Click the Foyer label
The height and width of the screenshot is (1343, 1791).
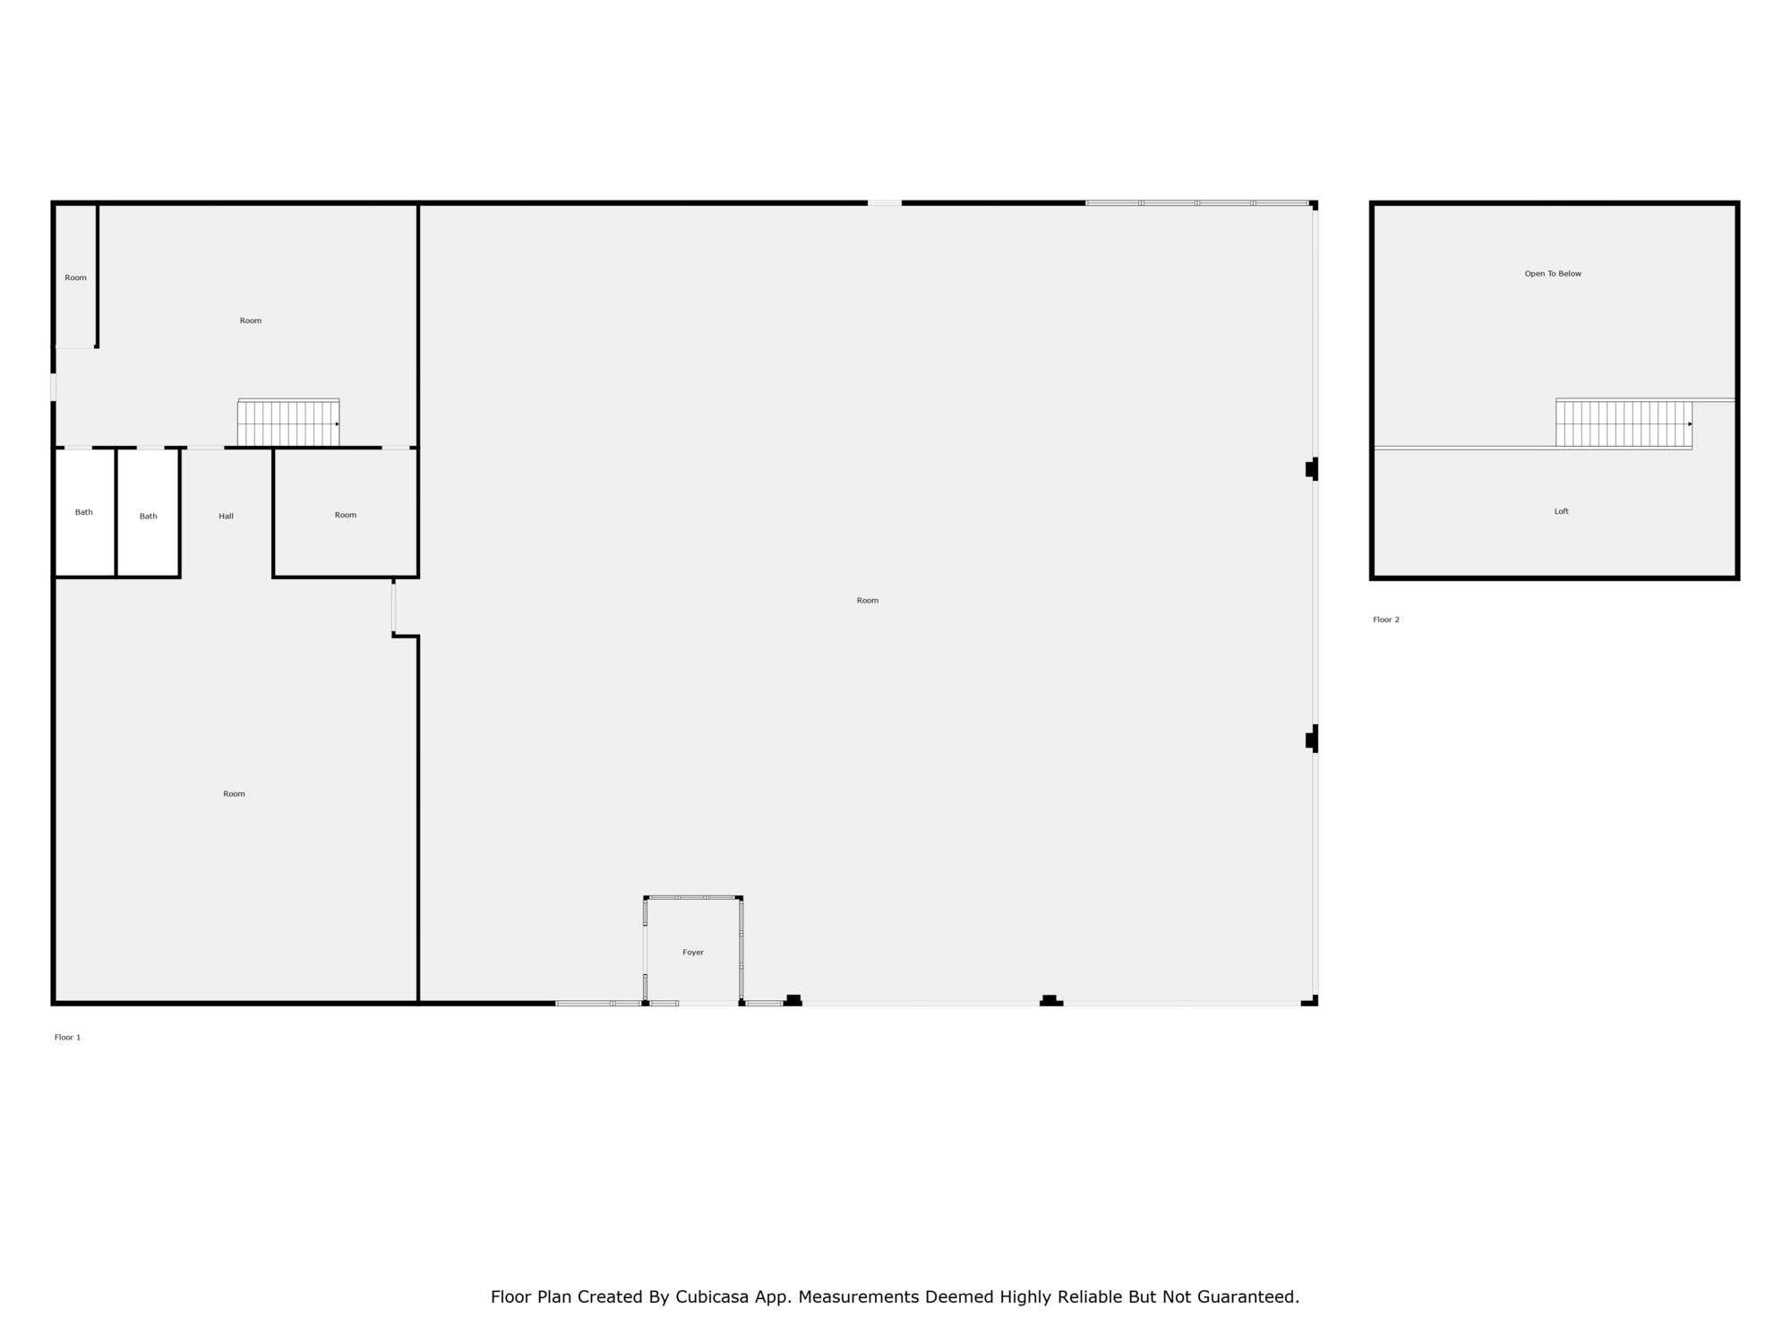(693, 953)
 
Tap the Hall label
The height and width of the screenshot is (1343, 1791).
(227, 517)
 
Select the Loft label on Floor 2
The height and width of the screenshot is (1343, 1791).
(1562, 511)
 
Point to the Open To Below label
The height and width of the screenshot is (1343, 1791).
(1553, 274)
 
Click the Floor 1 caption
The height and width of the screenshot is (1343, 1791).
(67, 1038)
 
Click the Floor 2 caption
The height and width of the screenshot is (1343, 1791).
(1386, 620)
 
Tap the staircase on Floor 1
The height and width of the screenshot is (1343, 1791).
(288, 423)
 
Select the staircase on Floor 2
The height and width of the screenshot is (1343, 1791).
(1624, 423)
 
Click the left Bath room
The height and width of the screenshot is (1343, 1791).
(84, 513)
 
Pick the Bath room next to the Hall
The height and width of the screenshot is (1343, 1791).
(149, 513)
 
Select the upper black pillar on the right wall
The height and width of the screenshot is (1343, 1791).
(1312, 468)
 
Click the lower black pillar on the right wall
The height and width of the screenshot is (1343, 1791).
(1312, 740)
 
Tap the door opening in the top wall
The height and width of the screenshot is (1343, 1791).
(885, 203)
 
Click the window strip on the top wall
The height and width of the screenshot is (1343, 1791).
(1197, 203)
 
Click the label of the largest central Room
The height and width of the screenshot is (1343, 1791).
(868, 601)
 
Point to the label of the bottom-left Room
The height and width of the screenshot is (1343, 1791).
(234, 794)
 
